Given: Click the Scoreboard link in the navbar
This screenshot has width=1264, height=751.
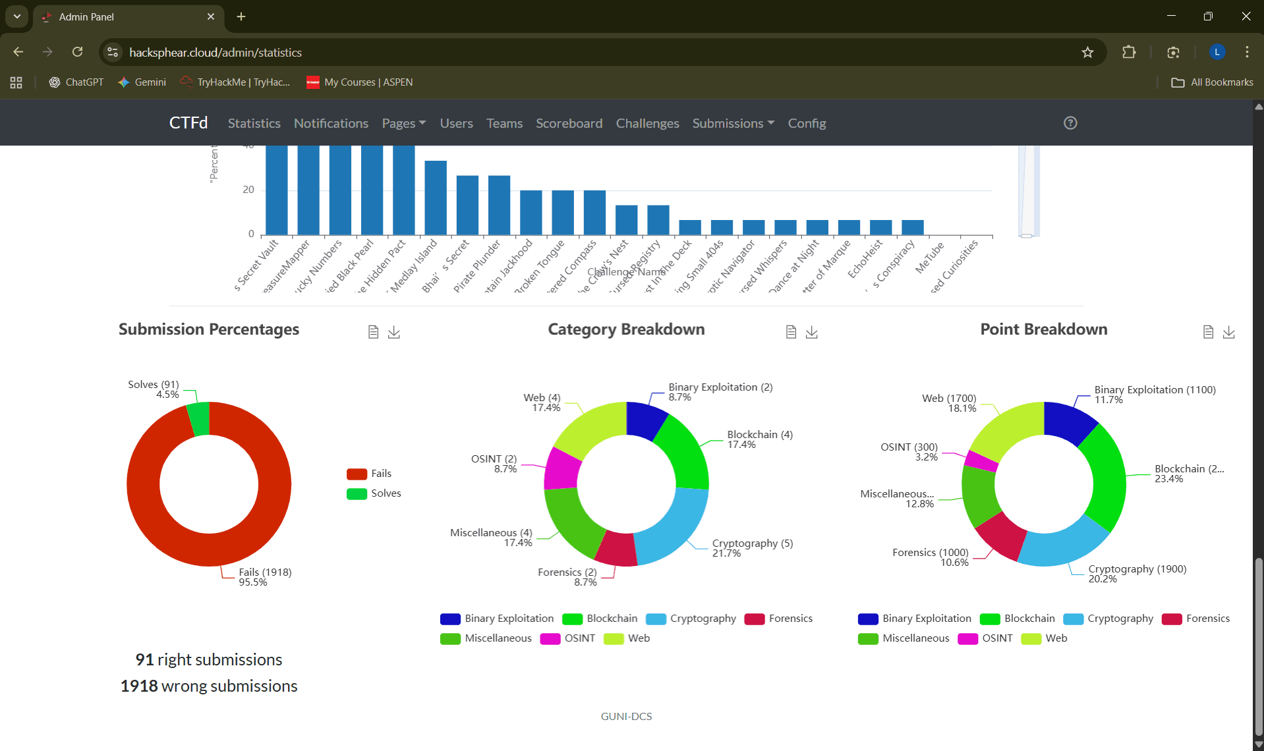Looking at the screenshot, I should click(569, 123).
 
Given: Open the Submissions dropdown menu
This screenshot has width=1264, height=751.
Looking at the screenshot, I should click(733, 123).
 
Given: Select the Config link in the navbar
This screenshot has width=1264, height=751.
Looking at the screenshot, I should click(807, 123).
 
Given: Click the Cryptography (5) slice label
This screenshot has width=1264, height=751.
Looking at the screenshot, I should click(752, 543).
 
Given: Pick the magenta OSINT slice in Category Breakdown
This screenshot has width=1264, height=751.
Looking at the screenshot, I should click(562, 468).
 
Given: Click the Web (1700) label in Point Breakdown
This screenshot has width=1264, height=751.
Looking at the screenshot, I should click(948, 399).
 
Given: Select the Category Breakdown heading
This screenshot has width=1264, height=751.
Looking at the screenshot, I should click(626, 329).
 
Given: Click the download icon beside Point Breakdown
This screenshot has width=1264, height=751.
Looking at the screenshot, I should click(1228, 332).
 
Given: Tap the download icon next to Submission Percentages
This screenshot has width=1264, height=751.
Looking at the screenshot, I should click(393, 332).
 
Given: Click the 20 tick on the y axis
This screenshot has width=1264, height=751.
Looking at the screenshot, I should click(248, 190).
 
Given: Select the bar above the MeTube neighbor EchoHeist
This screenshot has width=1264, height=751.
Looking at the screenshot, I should click(880, 227).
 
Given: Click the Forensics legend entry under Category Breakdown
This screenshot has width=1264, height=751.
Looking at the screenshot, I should click(778, 619).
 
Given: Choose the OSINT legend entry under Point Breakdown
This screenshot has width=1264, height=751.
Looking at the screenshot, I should click(985, 638).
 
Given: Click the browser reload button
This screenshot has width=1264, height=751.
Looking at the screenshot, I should click(77, 52).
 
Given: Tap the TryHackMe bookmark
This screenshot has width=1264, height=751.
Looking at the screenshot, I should click(235, 82).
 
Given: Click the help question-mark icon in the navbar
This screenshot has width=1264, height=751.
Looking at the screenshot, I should click(1070, 123).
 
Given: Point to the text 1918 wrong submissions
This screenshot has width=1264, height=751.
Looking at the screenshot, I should click(209, 686).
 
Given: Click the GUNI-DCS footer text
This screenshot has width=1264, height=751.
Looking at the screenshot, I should click(626, 716).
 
